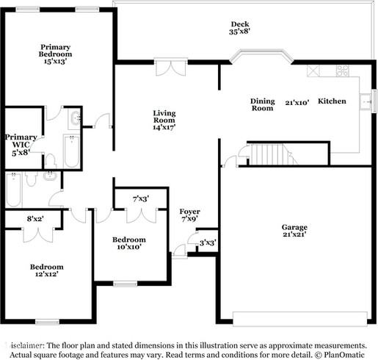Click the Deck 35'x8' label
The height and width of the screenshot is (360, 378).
(x=239, y=28)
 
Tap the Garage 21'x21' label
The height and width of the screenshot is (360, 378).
(x=294, y=231)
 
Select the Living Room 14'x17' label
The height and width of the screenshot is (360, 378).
(x=164, y=120)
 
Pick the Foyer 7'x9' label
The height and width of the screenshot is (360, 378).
(x=189, y=215)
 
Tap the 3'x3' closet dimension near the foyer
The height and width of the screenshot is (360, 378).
(x=207, y=242)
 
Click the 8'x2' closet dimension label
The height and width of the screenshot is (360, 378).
(x=35, y=218)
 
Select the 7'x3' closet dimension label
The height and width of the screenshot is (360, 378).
(x=141, y=198)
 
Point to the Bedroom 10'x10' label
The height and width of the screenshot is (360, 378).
(x=128, y=243)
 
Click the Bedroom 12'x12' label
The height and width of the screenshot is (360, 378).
(x=46, y=270)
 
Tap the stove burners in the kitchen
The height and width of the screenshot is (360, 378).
(x=342, y=71)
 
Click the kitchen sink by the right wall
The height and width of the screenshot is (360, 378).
(x=365, y=100)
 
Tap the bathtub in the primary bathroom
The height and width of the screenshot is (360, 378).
(x=71, y=151)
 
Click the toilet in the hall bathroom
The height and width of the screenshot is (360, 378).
(x=48, y=176)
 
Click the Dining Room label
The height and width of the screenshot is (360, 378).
(x=263, y=104)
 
